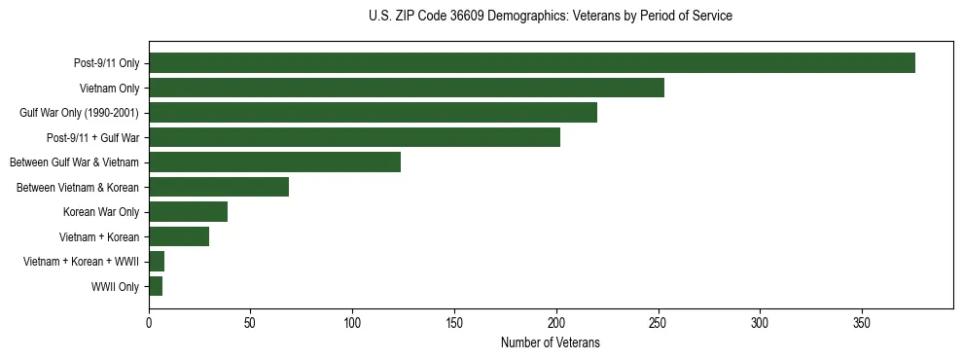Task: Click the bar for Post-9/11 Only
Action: (x=532, y=63)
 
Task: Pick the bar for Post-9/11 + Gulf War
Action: (x=354, y=137)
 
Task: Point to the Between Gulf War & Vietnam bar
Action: (x=274, y=162)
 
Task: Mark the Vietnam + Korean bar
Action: (x=179, y=236)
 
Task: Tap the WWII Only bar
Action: (x=156, y=286)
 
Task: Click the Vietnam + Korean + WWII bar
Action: (x=157, y=262)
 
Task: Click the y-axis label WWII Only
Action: (x=115, y=287)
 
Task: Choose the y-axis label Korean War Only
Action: (x=101, y=212)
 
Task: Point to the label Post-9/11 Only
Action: (x=106, y=64)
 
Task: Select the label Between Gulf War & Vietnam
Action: (x=74, y=162)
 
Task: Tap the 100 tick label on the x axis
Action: (x=352, y=322)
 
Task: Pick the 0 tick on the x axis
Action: (x=149, y=322)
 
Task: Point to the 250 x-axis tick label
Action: (x=658, y=322)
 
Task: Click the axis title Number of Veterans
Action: (x=551, y=342)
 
